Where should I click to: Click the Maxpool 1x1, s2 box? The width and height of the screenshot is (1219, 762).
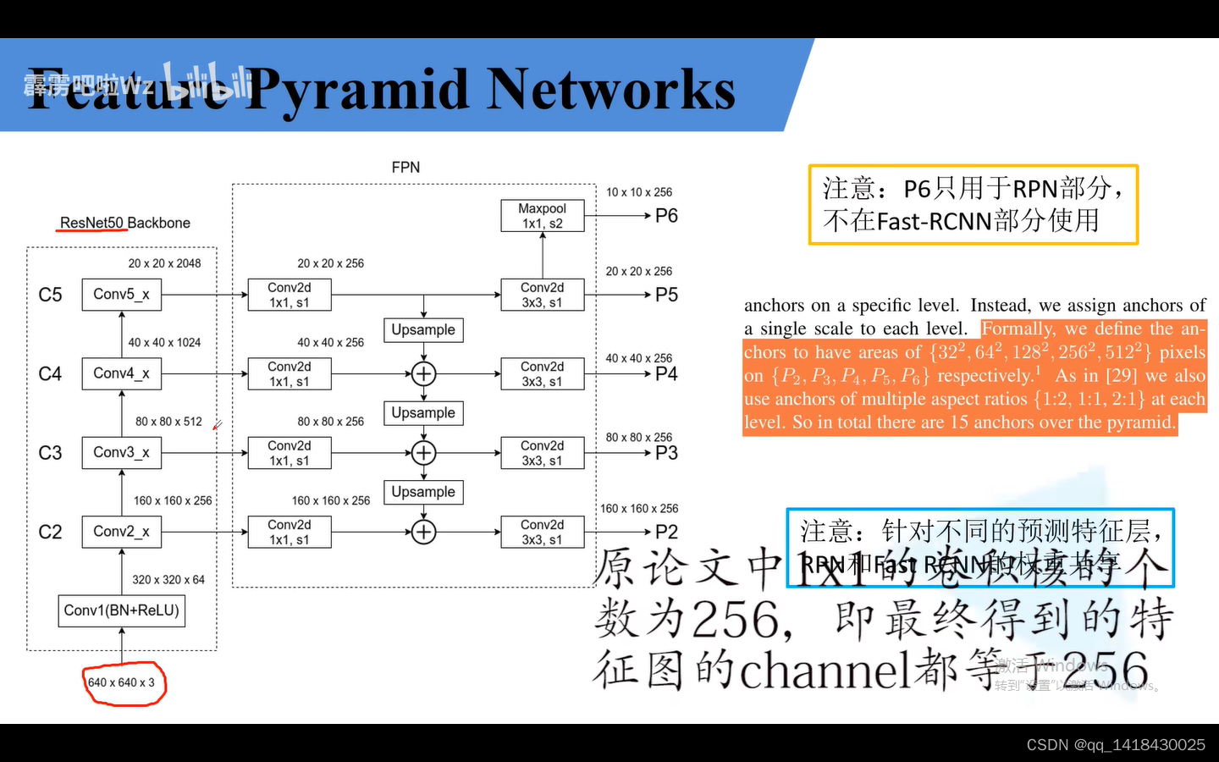click(542, 216)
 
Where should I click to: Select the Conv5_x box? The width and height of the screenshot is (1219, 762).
click(121, 295)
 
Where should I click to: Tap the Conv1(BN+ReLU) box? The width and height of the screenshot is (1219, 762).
click(121, 610)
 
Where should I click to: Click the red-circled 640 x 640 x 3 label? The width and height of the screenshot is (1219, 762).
click(122, 682)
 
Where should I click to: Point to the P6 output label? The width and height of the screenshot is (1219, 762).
click(666, 216)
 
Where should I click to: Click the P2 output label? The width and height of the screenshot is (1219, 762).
click(666, 532)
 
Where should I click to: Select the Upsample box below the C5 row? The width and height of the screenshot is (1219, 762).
click(423, 330)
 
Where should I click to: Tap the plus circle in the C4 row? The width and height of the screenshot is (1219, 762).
click(423, 373)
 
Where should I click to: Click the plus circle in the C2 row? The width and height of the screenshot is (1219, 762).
click(423, 532)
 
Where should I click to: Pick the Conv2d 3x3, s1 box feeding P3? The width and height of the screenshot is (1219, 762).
click(542, 453)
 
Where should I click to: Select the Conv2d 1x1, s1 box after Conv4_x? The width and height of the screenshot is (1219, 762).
click(289, 373)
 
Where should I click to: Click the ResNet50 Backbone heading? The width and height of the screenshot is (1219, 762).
click(124, 223)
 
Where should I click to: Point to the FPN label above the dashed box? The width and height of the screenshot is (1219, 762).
click(405, 168)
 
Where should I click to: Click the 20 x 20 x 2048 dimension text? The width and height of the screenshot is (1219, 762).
click(164, 263)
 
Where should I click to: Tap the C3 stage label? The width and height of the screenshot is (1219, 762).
click(50, 453)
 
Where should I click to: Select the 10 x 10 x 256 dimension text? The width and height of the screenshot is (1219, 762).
click(639, 192)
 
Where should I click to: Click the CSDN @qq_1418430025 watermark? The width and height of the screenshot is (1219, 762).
click(1115, 745)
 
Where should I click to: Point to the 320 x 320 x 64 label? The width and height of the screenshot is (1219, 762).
click(168, 580)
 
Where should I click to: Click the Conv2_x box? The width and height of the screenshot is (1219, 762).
click(121, 532)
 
